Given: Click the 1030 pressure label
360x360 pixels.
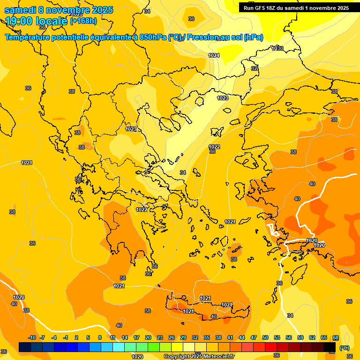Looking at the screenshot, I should pyautogui.click(x=277, y=48).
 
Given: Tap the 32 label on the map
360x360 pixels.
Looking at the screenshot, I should pyautogui.click(x=255, y=68).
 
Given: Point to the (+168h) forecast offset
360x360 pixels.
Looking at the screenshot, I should pyautogui.click(x=83, y=21).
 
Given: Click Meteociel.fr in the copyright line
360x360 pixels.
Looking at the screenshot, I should pyautogui.click(x=217, y=357).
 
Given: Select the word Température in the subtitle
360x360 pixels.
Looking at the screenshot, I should pyautogui.click(x=28, y=37).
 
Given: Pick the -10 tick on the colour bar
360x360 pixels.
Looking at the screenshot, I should pyautogui.click(x=32, y=338).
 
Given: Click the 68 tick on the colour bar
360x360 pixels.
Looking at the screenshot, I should pyautogui.click(x=336, y=338).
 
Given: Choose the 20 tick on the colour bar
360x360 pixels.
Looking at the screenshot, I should pyautogui.click(x=148, y=338).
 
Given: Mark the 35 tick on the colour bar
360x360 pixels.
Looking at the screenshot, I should pyautogui.click(x=207, y=338).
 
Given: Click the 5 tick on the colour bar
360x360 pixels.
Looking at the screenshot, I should pyautogui.click(x=89, y=338).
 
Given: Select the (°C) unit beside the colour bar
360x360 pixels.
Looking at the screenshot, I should pyautogui.click(x=345, y=347).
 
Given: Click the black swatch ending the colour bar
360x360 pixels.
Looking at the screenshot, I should pyautogui.click(x=330, y=347).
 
